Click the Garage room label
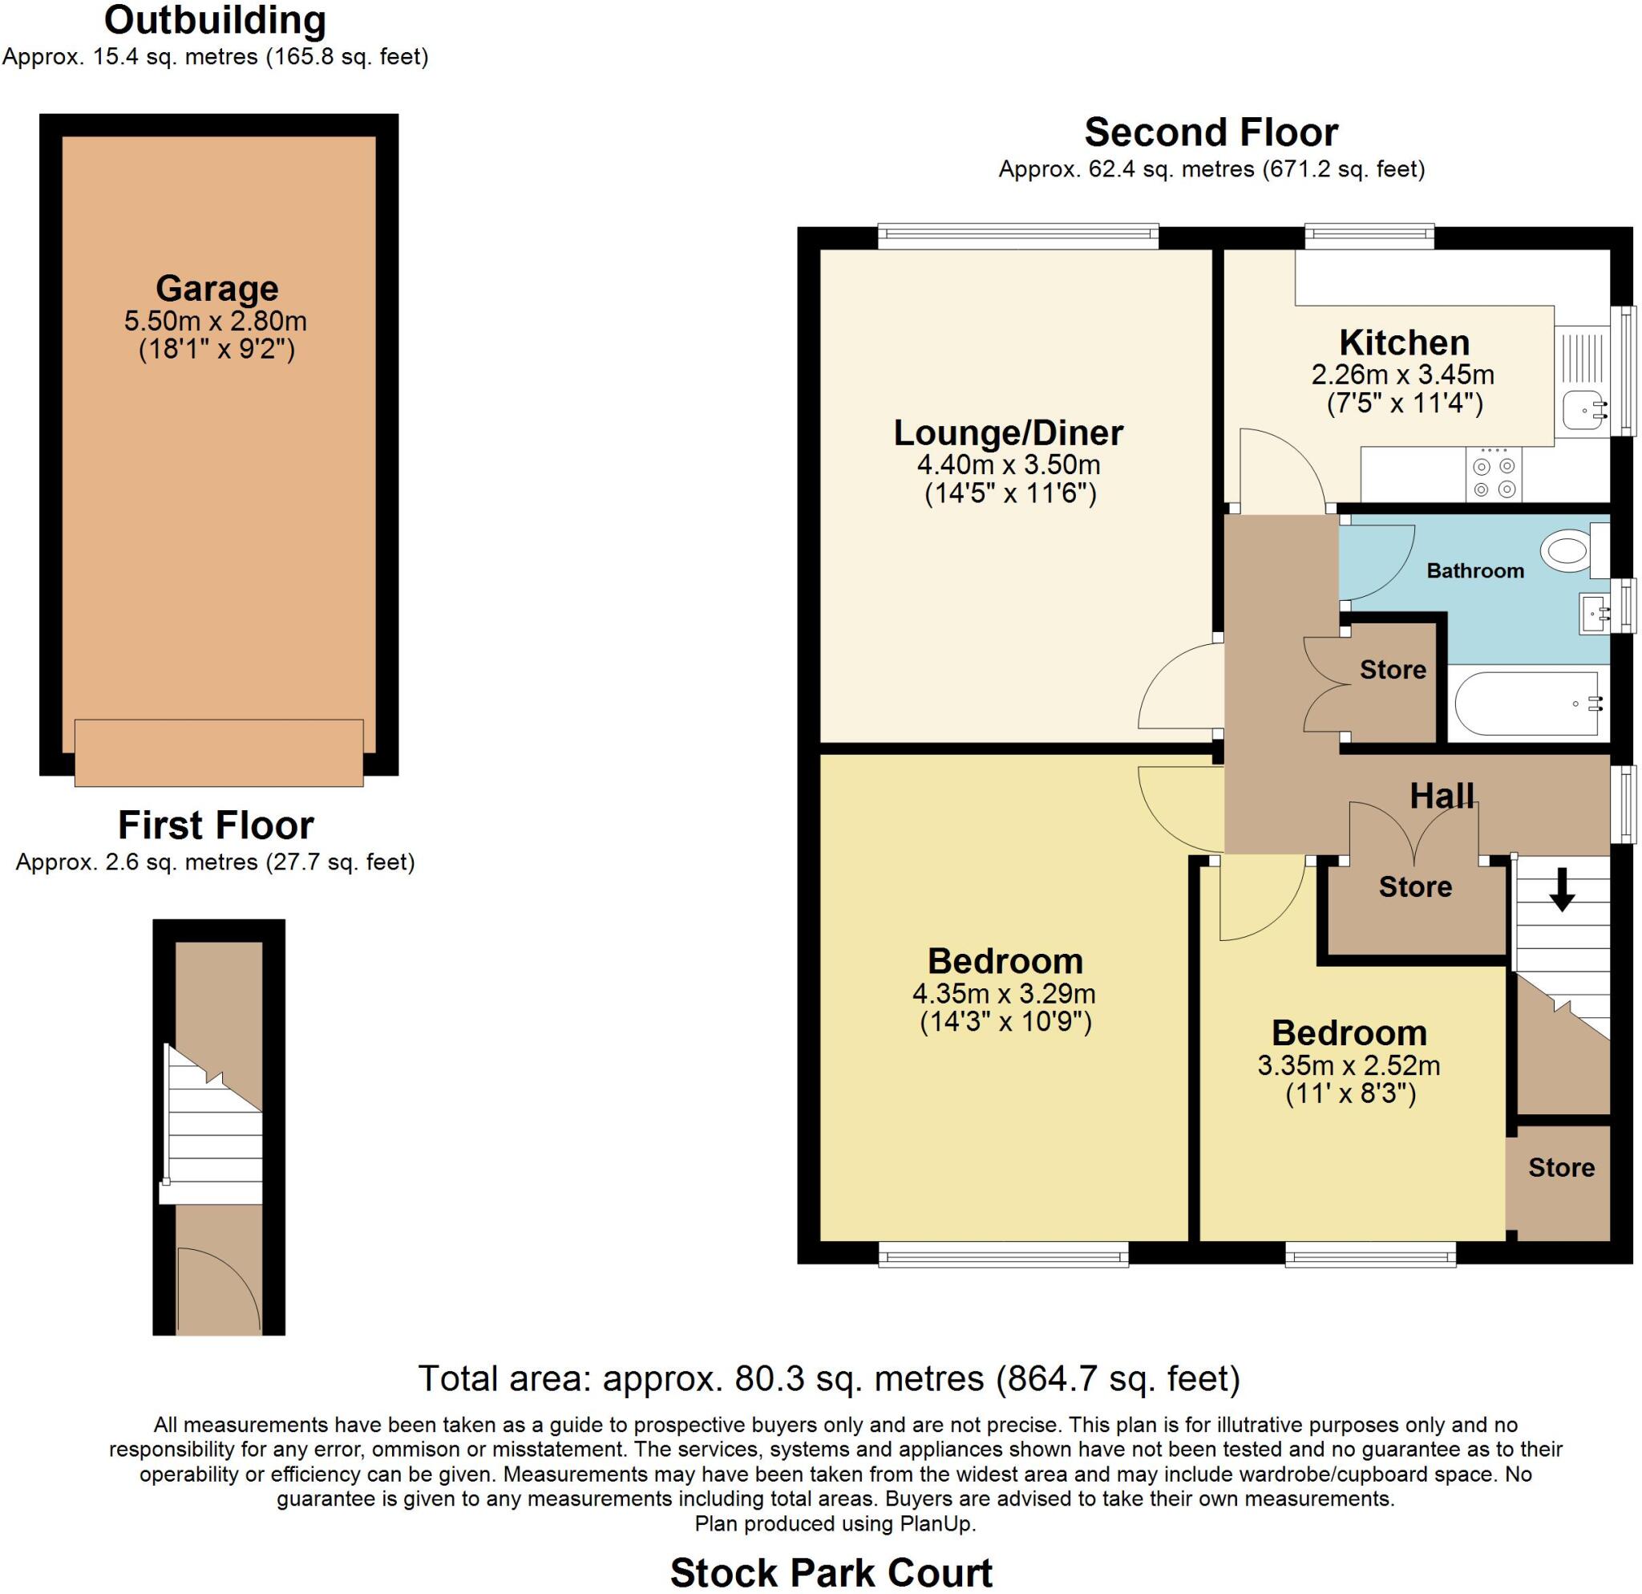pyautogui.click(x=217, y=288)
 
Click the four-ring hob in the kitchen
pyautogui.click(x=1494, y=476)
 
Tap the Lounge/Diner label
pyautogui.click(x=1009, y=432)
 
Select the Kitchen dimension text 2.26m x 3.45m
pyautogui.click(x=1403, y=374)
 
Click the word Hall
pyautogui.click(x=1442, y=795)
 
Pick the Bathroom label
pyautogui.click(x=1475, y=570)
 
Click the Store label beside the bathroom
pyautogui.click(x=1393, y=670)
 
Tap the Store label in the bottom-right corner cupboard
pyautogui.click(x=1561, y=1167)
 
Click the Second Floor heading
pyautogui.click(x=1211, y=132)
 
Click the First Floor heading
pyautogui.click(x=216, y=825)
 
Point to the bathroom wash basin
pyautogui.click(x=1593, y=614)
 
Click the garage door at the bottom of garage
pyautogui.click(x=219, y=752)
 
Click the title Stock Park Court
pyautogui.click(x=831, y=1572)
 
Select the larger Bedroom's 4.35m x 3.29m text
pyautogui.click(x=1004, y=994)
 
